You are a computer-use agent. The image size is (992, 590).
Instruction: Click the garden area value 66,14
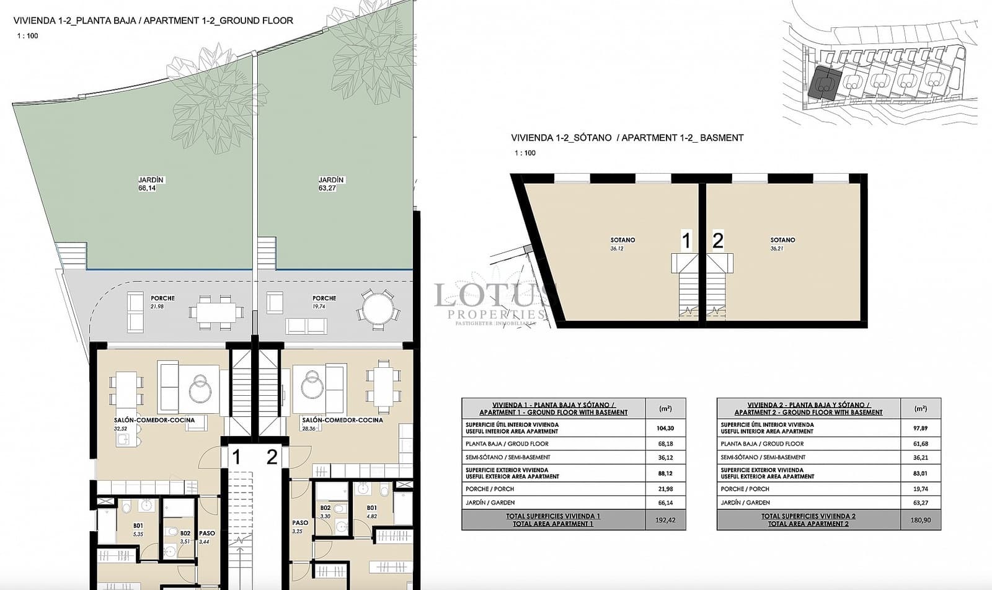click(x=147, y=188)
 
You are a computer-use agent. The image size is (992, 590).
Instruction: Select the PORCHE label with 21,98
click(x=162, y=298)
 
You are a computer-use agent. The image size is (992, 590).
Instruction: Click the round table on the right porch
click(x=378, y=307)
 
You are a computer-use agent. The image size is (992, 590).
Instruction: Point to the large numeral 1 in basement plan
click(x=686, y=240)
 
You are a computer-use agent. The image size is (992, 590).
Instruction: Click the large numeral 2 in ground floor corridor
click(x=272, y=457)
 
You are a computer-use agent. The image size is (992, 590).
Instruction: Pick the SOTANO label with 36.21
click(x=782, y=240)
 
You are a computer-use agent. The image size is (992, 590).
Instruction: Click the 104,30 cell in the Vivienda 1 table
click(x=665, y=428)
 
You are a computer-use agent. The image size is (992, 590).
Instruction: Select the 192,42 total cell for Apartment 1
click(x=665, y=520)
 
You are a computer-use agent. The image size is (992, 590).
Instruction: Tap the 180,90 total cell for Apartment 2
click(x=920, y=520)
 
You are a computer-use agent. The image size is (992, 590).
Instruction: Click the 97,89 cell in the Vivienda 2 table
click(x=920, y=428)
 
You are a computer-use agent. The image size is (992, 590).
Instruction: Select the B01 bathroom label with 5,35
click(x=138, y=525)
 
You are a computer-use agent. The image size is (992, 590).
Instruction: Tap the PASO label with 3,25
click(x=300, y=523)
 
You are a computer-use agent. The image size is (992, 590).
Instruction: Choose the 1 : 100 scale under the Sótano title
click(x=525, y=153)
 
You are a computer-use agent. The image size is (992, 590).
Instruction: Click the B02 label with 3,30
click(x=325, y=508)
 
